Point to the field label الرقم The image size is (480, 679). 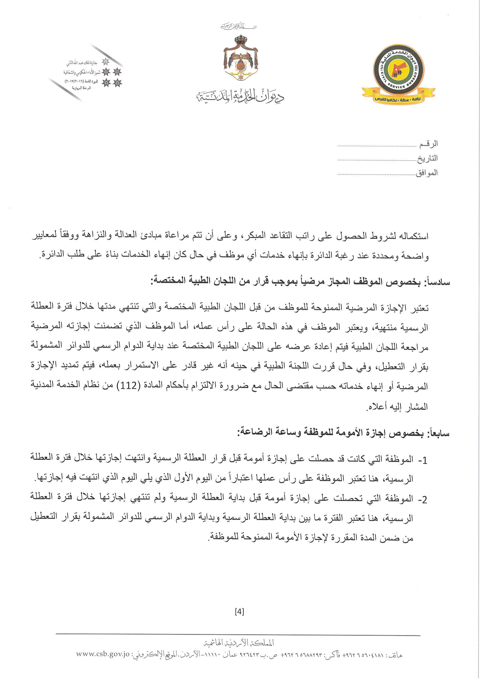(429, 144)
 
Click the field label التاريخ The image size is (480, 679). (427, 159)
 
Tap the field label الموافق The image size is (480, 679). (427, 173)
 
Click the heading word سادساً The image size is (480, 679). (437, 282)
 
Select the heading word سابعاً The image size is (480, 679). (437, 433)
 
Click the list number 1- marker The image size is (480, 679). (423, 460)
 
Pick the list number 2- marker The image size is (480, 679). (423, 499)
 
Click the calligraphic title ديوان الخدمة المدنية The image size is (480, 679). (240, 96)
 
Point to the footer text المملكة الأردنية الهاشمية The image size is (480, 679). (238, 643)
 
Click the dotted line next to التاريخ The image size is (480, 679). (377, 160)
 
